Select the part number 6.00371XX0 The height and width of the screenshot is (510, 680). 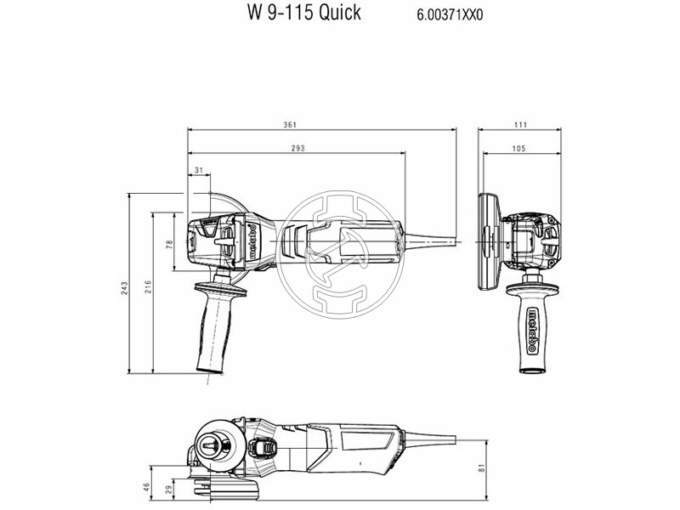455,14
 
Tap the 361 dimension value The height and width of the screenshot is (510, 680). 290,125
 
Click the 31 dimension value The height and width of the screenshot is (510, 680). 198,171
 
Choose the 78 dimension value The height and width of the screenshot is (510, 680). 170,245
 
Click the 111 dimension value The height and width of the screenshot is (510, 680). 520,125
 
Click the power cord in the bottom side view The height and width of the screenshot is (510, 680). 442,439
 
